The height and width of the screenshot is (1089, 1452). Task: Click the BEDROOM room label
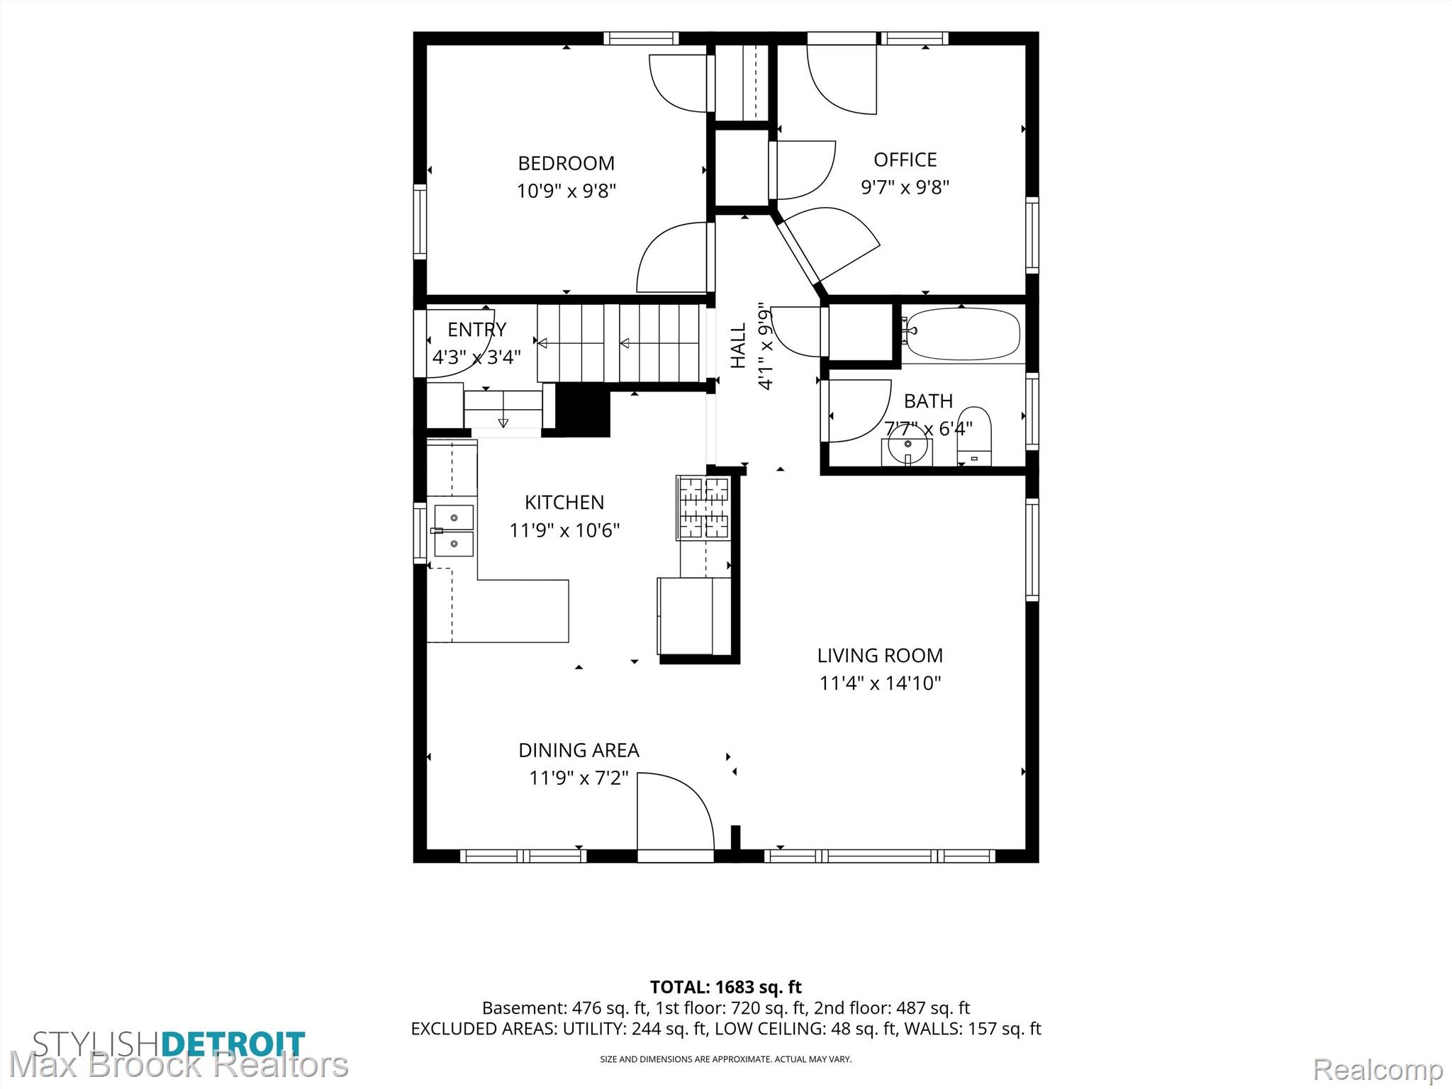tap(566, 163)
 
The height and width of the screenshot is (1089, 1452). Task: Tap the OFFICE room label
tap(905, 160)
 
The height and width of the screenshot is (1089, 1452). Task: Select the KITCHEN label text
tap(564, 502)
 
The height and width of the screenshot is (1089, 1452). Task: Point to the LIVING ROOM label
tap(880, 655)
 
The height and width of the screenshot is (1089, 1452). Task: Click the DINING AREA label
tap(579, 750)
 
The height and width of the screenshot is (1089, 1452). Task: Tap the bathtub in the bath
tap(964, 334)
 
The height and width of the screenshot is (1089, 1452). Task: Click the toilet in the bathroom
tap(974, 435)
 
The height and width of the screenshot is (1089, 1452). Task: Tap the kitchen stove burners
tap(703, 508)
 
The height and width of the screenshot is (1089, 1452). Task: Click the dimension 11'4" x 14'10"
tap(880, 683)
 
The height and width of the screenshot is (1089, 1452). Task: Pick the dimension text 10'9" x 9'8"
tap(566, 191)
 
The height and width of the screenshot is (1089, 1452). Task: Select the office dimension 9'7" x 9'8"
tap(905, 187)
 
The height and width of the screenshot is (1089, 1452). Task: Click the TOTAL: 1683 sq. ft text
tap(726, 987)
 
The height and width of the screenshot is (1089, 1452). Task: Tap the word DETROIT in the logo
tap(233, 1044)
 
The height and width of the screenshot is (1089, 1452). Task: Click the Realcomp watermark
tap(1378, 1068)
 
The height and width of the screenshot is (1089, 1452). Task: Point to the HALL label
tap(739, 345)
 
